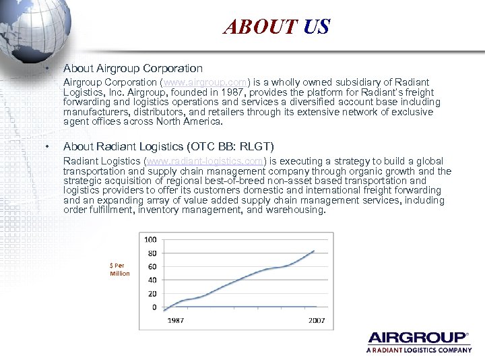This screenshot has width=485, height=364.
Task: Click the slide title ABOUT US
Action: point(276,27)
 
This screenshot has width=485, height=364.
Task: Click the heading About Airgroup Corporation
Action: point(132,68)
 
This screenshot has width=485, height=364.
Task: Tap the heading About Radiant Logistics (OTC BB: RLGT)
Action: point(168,146)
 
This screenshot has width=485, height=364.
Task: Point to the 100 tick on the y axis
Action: point(150,239)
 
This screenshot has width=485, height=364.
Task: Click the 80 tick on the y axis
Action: point(152,253)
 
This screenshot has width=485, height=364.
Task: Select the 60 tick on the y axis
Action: point(152,267)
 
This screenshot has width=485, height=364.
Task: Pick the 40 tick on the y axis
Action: point(152,280)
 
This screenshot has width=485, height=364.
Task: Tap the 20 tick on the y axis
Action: point(152,294)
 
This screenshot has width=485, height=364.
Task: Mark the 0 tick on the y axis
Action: point(154,307)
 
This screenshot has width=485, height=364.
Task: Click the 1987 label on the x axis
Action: point(176,320)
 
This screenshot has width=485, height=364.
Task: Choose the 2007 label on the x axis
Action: point(316,320)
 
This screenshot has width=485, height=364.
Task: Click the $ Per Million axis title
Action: point(120,270)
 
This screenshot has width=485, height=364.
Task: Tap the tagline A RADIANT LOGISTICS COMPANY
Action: point(418,351)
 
